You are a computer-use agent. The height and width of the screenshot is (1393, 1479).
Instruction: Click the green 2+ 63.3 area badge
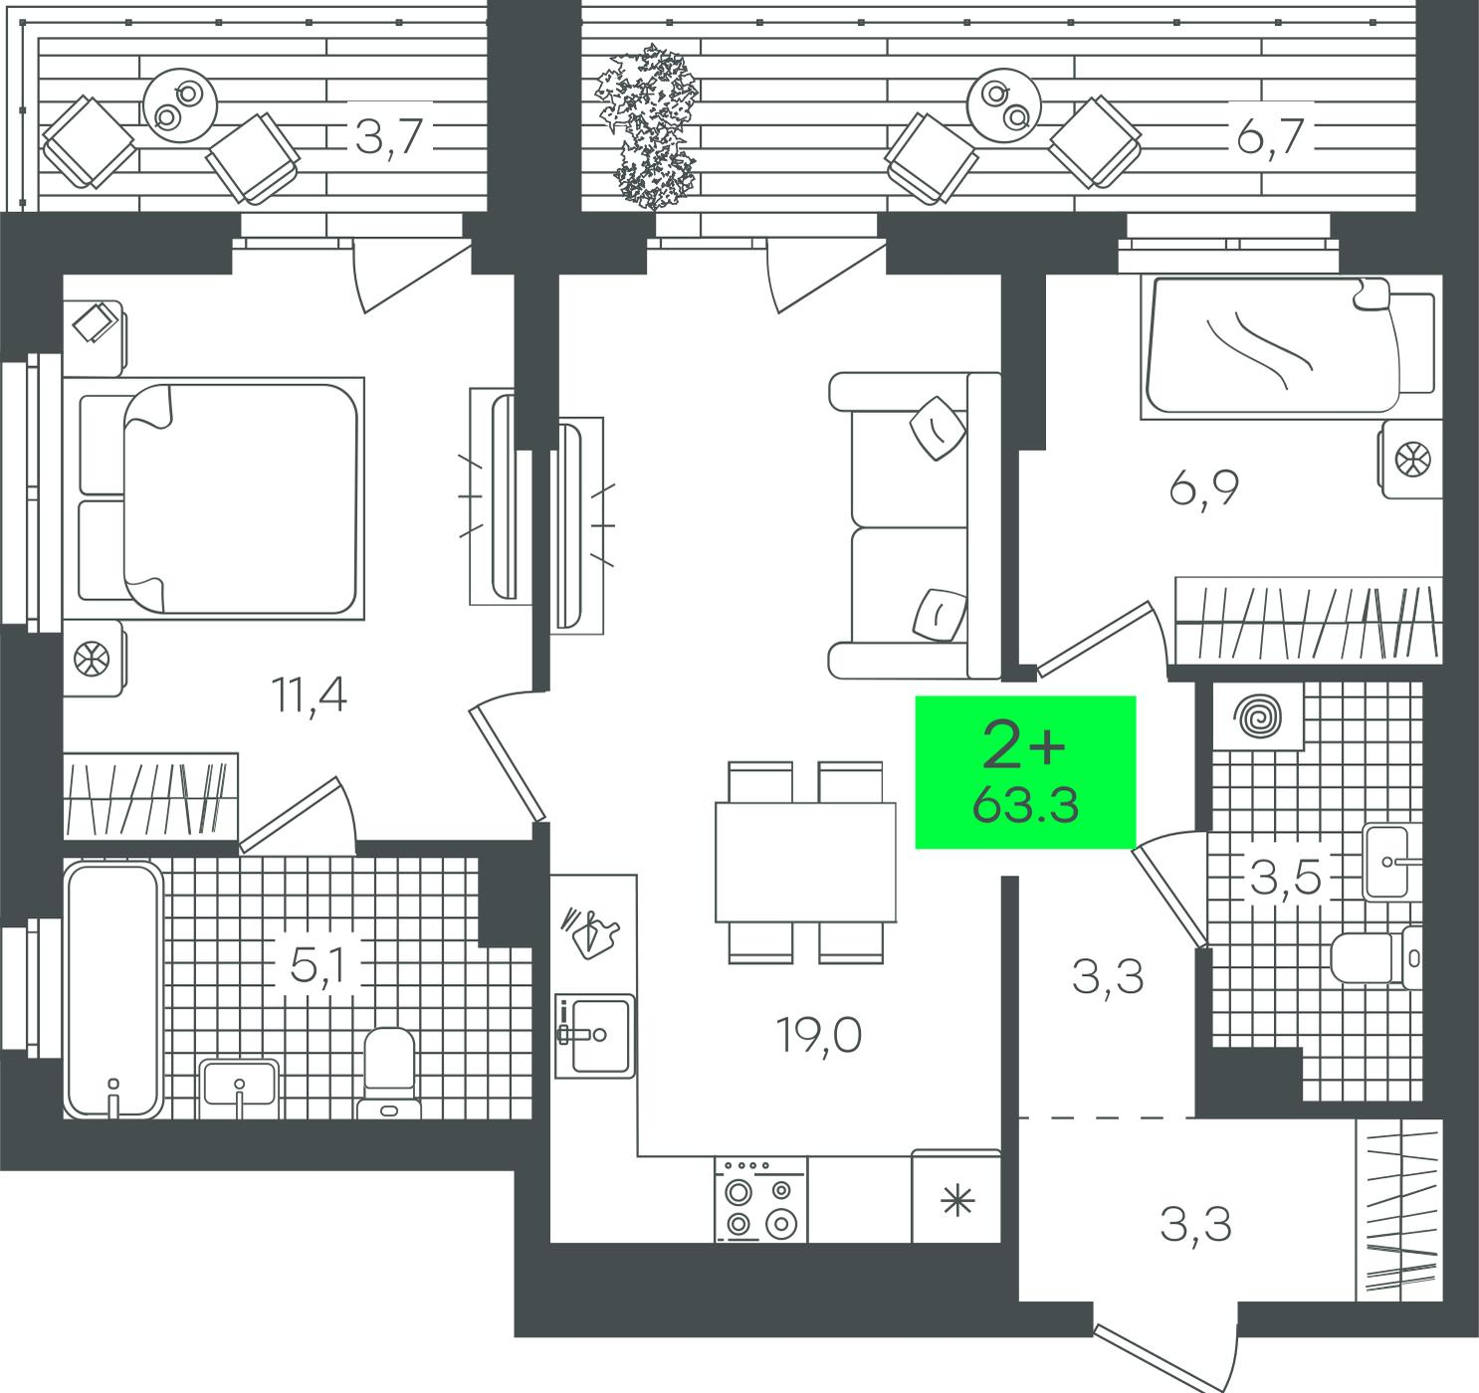(1025, 772)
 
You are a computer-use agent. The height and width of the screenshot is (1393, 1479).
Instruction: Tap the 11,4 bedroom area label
(310, 696)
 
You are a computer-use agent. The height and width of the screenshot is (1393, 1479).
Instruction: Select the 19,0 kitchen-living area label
(818, 1036)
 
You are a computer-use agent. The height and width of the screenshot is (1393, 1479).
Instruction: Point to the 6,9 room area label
(1204, 489)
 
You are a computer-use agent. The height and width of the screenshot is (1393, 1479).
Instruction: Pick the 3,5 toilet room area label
(1285, 878)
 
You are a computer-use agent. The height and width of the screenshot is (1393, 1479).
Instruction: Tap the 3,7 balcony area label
(389, 136)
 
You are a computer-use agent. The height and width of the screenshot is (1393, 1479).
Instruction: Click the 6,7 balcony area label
(1270, 136)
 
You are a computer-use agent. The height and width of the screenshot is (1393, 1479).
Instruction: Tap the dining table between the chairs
(806, 862)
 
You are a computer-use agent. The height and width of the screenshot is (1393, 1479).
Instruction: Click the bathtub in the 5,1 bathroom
(113, 989)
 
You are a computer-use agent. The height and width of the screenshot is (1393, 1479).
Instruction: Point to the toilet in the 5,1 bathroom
(389, 1074)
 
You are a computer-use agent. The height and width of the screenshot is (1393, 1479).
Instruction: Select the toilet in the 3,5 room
(1376, 957)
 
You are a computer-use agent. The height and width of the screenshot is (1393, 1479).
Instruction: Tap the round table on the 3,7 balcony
(179, 105)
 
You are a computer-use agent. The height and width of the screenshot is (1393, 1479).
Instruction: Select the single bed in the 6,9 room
(1288, 348)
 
